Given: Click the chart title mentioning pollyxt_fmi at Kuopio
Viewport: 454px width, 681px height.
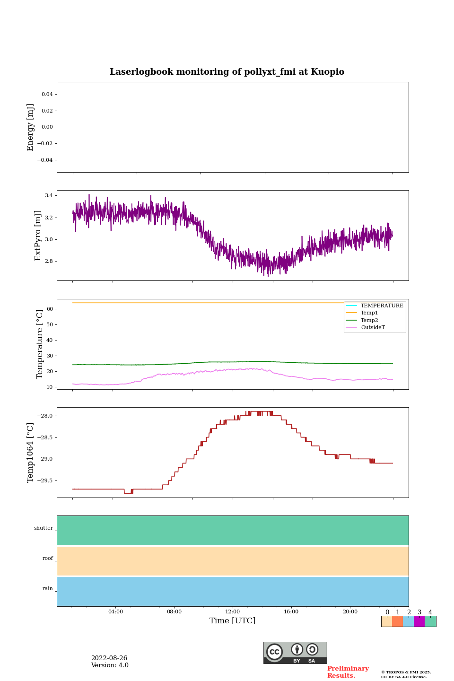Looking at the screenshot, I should click(x=227, y=72).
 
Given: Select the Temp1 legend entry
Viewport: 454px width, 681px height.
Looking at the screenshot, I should click(x=369, y=313).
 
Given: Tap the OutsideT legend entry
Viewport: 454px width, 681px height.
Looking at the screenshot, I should click(x=373, y=328).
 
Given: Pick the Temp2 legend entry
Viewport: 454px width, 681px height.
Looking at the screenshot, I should click(x=369, y=320).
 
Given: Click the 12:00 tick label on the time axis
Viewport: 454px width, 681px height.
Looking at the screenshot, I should click(x=233, y=612).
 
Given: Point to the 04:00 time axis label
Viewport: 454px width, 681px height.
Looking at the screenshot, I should click(x=115, y=612).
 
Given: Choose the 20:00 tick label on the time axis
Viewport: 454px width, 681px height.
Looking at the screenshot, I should click(x=350, y=612).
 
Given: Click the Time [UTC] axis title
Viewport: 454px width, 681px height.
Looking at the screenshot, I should click(x=233, y=621).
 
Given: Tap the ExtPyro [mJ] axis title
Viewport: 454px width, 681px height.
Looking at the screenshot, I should click(x=38, y=236).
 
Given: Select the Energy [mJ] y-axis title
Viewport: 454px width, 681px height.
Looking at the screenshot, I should click(x=31, y=127).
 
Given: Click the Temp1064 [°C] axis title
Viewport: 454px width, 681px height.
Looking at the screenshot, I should click(x=31, y=453).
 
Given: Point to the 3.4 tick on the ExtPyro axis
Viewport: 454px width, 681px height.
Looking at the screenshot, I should click(x=48, y=195).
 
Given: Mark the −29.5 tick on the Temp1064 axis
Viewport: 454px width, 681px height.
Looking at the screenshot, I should click(x=45, y=481).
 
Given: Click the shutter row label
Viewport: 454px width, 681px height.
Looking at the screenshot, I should click(x=44, y=528).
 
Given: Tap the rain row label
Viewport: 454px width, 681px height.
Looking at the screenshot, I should click(x=48, y=589).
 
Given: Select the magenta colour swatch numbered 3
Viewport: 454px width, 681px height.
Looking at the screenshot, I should click(x=419, y=621).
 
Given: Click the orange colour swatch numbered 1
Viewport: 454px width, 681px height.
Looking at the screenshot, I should click(x=397, y=621).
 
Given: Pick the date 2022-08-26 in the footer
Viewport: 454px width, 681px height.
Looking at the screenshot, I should click(x=109, y=658).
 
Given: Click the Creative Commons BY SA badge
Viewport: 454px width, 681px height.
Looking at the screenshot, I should click(x=295, y=653).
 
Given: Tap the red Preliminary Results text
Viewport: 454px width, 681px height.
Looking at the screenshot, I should click(x=348, y=672).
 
